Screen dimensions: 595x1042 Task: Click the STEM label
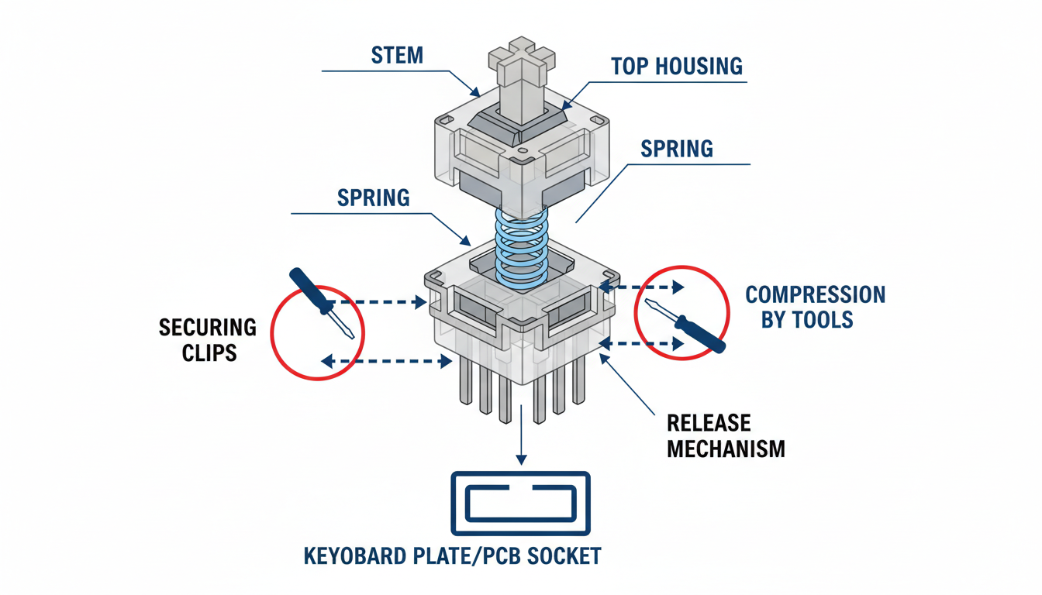pyautogui.click(x=398, y=56)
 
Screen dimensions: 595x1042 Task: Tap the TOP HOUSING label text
pyautogui.click(x=676, y=66)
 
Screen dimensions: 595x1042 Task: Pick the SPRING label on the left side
pyautogui.click(x=374, y=198)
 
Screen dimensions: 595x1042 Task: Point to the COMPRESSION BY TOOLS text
pyautogui.click(x=814, y=307)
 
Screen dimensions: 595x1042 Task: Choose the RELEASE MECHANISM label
pyautogui.click(x=726, y=435)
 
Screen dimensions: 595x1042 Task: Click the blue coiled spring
pyautogui.click(x=521, y=244)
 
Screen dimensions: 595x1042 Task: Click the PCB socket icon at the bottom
pyautogui.click(x=520, y=504)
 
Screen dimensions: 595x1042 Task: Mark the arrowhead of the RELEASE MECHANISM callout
pyautogui.click(x=604, y=356)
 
